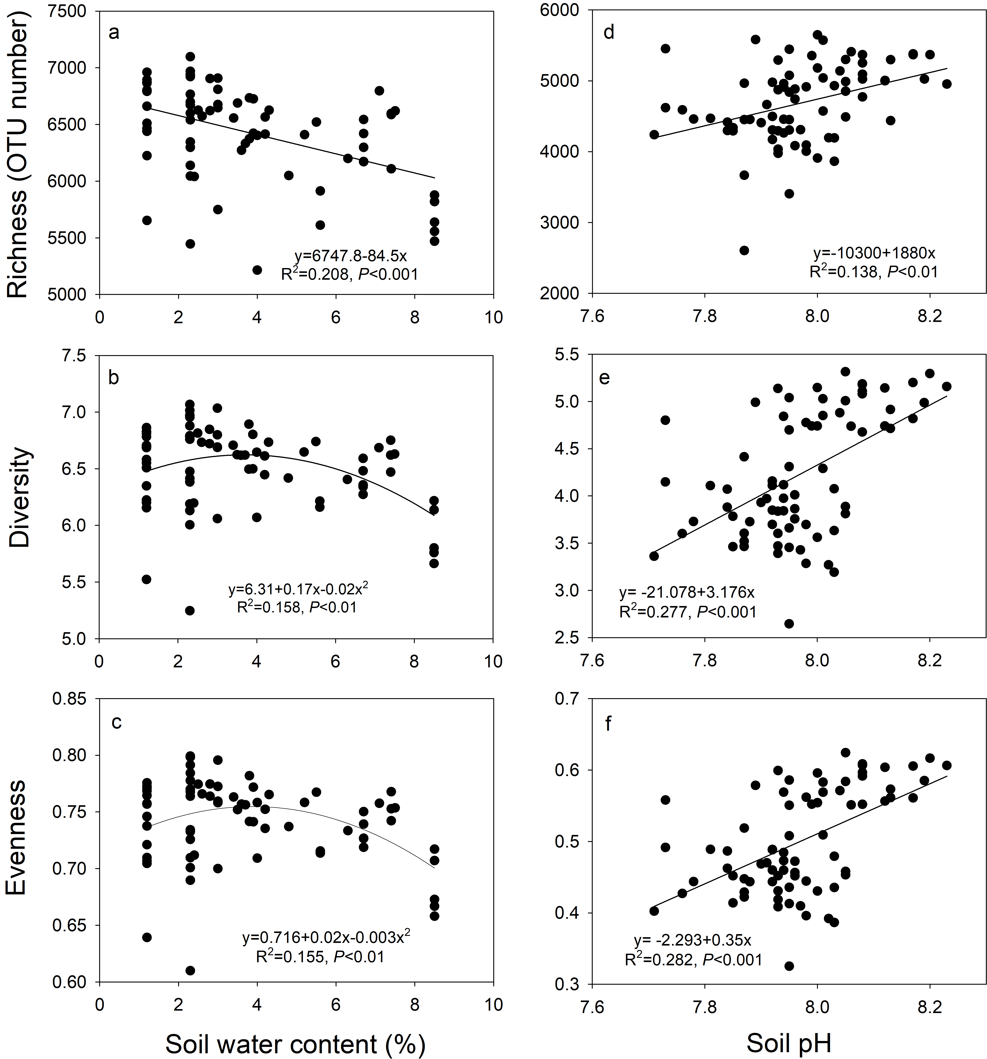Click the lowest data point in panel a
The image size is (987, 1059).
coord(257,270)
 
